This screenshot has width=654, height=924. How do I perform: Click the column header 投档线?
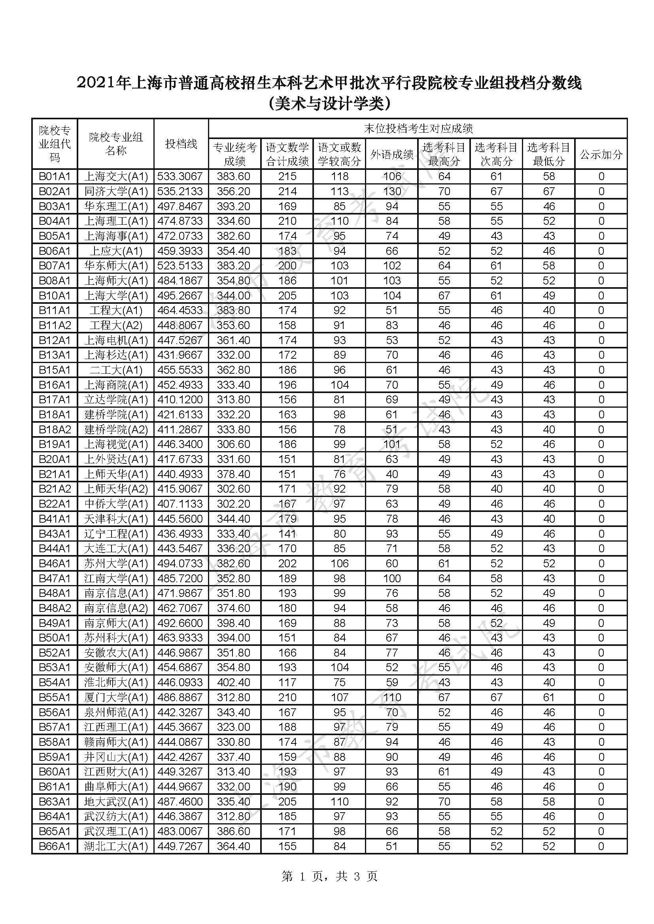tap(181, 144)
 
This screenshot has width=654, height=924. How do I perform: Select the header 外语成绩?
tap(392, 154)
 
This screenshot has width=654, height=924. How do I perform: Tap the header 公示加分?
tap(601, 154)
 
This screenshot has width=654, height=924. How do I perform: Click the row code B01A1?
tap(55, 176)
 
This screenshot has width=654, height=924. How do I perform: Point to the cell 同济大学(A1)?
tap(116, 191)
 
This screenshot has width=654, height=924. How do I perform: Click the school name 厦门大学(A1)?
tap(116, 697)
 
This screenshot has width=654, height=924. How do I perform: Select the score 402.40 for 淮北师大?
tap(234, 683)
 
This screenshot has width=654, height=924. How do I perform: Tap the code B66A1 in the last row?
tap(55, 846)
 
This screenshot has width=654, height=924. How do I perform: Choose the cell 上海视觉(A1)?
tap(116, 444)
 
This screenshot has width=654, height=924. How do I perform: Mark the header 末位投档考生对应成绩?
tap(418, 129)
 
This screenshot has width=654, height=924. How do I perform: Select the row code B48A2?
tap(55, 608)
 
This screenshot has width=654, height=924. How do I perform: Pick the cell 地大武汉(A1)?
tap(116, 802)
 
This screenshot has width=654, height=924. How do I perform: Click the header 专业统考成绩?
tap(234, 154)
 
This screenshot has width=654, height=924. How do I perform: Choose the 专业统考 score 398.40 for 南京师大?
tap(234, 623)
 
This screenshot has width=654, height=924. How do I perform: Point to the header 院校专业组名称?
tap(116, 144)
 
